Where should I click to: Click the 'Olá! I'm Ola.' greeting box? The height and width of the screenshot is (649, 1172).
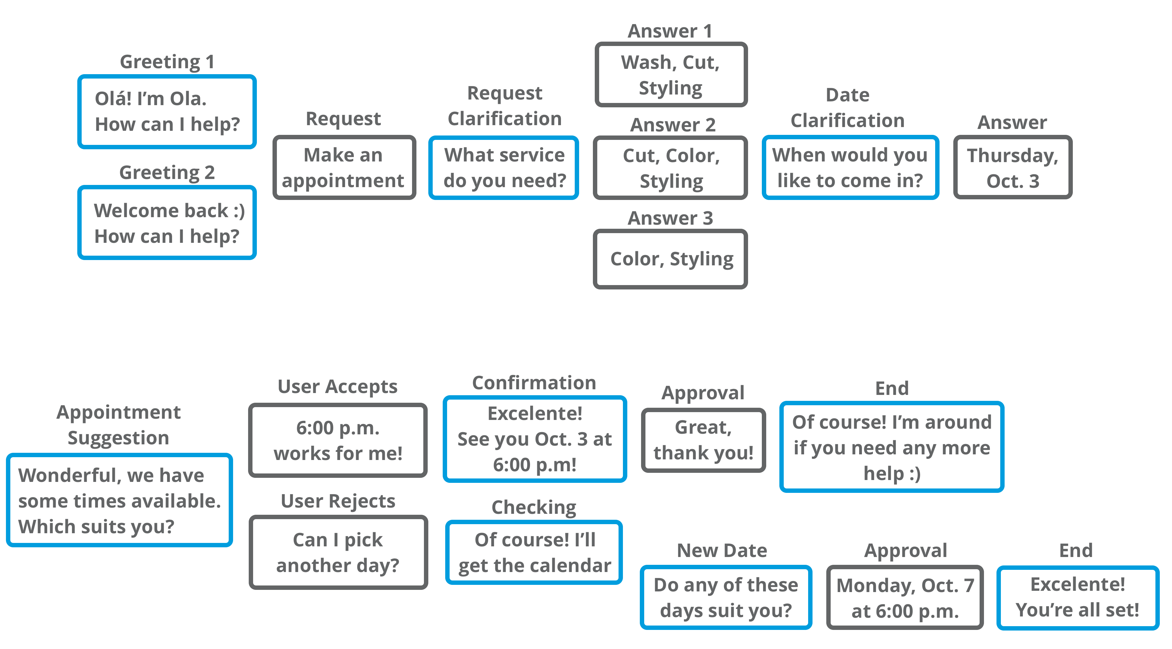pos(167,111)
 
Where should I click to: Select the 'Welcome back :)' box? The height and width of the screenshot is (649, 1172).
pos(167,222)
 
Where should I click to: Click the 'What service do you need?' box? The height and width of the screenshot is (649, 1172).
pos(504,167)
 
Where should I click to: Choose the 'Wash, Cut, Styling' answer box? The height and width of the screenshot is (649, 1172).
pos(671,75)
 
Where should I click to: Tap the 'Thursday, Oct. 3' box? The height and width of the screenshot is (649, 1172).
pos(1013,167)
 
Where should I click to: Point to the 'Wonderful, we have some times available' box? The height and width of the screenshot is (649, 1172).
pos(119,500)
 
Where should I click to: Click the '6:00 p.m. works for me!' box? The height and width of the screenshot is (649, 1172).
pos(338,440)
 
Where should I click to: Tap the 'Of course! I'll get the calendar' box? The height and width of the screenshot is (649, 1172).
pos(534,552)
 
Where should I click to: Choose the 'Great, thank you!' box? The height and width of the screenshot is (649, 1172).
pos(703,440)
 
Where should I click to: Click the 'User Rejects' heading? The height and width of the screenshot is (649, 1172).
pos(338,501)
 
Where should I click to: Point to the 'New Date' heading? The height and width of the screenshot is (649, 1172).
pos(722,550)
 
